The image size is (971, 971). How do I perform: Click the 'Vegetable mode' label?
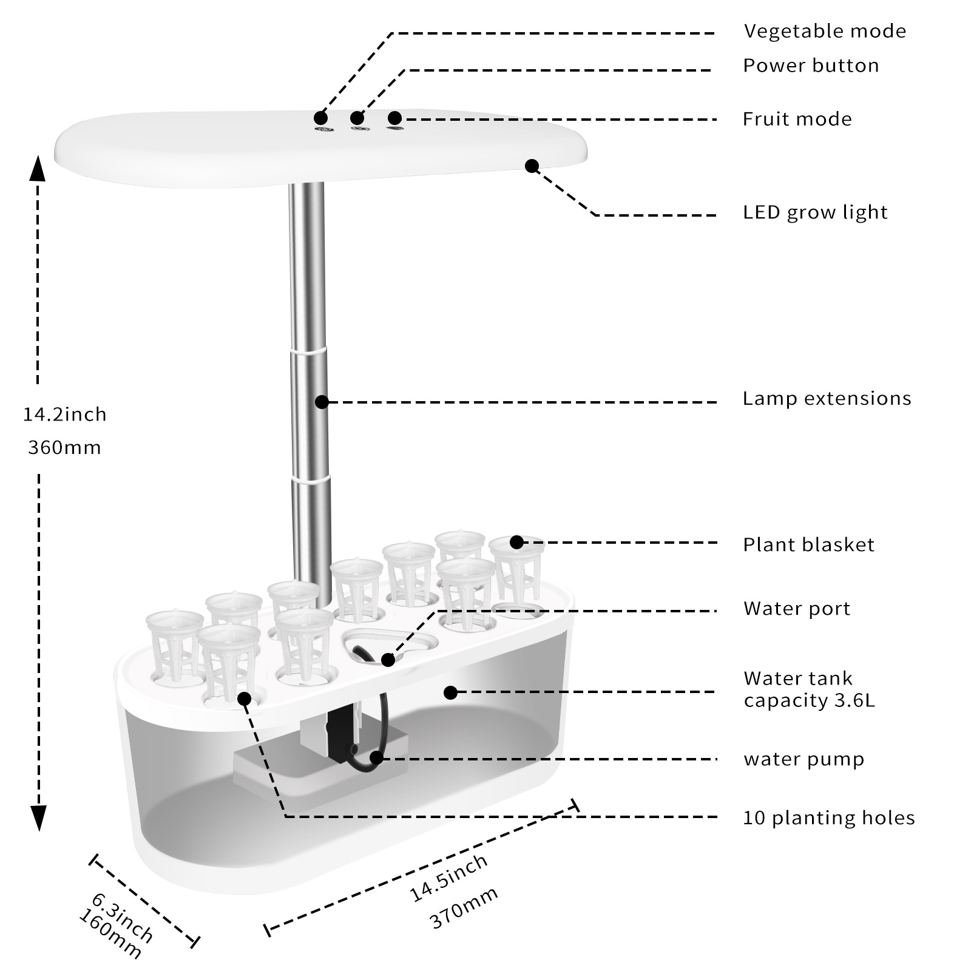click(x=825, y=31)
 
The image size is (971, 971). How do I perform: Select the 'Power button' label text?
click(x=811, y=66)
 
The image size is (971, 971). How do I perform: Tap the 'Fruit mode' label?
click(x=797, y=119)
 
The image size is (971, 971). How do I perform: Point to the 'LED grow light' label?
click(x=814, y=212)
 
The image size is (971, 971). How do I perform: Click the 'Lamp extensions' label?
click(x=827, y=399)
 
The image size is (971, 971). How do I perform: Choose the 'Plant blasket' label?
click(x=808, y=545)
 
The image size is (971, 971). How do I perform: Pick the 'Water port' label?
click(x=797, y=609)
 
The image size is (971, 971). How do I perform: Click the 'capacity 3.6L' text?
click(x=809, y=701)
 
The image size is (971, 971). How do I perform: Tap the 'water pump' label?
click(x=804, y=759)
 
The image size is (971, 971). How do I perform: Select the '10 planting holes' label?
click(x=828, y=818)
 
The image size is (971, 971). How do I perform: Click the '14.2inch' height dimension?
click(x=64, y=414)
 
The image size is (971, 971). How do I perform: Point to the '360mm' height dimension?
click(x=64, y=448)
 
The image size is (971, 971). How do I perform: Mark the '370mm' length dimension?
click(x=464, y=908)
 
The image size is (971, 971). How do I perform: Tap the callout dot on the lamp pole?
click(x=322, y=402)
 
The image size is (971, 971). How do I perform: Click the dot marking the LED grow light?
click(x=532, y=166)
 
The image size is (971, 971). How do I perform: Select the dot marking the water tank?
click(x=450, y=692)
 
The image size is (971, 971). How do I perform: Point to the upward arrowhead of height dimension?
click(x=38, y=168)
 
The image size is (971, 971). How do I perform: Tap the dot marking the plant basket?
click(x=516, y=542)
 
